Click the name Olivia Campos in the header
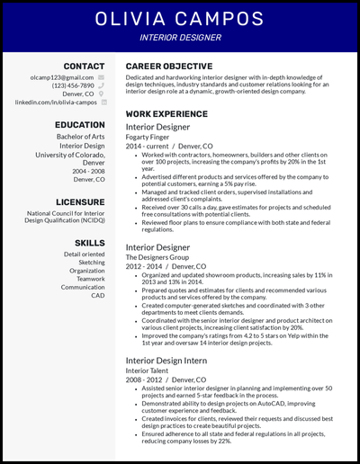[x=180, y=19]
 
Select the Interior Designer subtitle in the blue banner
[x=180, y=40]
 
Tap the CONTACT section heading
[x=84, y=67]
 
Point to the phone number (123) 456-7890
[x=70, y=85]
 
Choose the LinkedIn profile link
[x=57, y=103]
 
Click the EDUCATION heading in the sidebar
[x=79, y=125]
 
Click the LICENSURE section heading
[x=80, y=202]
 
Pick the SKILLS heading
[x=89, y=243]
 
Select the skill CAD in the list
[x=97, y=295]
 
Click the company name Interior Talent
[x=147, y=370]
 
